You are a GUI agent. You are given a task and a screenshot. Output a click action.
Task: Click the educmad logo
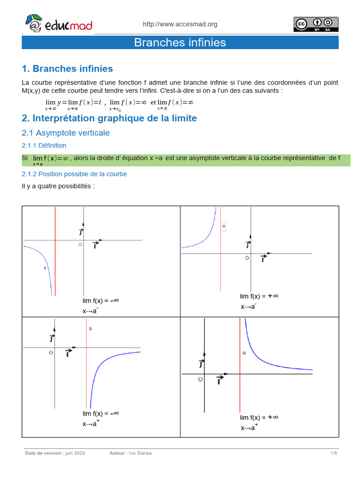click(58, 24)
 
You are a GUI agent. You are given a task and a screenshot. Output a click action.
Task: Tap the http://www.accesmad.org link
click(180, 24)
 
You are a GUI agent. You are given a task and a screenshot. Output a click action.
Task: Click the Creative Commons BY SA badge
click(316, 24)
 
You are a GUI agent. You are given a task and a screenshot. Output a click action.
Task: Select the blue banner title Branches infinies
click(180, 43)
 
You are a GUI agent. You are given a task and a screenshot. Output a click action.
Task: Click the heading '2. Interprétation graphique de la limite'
click(109, 118)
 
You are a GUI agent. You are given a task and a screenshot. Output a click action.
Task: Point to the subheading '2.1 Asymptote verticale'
click(66, 133)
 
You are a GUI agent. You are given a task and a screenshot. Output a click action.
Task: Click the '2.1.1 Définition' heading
click(44, 146)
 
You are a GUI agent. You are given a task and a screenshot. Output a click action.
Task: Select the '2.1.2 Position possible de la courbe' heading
click(74, 174)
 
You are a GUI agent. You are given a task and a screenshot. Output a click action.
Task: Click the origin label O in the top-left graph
click(80, 245)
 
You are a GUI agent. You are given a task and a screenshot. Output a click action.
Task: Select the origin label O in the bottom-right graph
click(200, 379)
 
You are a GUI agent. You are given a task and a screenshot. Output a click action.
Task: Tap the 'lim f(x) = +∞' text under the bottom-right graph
click(259, 418)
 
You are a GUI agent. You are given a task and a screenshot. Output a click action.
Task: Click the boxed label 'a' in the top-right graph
click(224, 226)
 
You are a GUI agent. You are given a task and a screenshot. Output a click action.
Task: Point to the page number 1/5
click(334, 453)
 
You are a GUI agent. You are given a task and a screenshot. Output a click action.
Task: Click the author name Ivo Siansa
click(141, 453)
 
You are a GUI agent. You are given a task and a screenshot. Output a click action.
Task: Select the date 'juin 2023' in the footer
click(75, 453)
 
